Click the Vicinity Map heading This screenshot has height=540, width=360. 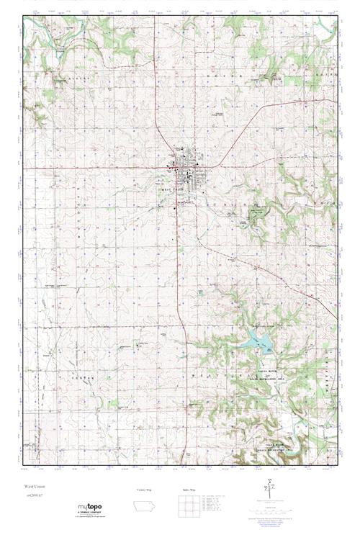point(145,490)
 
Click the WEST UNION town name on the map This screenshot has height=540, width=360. point(174,190)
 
